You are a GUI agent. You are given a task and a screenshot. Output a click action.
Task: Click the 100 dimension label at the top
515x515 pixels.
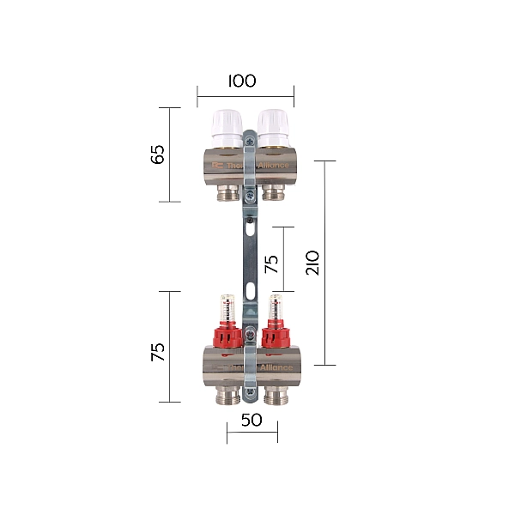click(242, 82)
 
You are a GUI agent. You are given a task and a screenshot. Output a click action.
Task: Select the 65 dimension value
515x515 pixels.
click(157, 155)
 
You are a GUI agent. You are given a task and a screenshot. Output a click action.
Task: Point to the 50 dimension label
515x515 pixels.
click(251, 421)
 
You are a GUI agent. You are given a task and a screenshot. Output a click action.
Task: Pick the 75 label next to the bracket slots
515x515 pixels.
click(271, 263)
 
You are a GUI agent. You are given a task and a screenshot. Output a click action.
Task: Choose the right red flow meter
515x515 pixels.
click(276, 330)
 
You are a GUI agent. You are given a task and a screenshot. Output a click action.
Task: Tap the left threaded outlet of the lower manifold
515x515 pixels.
click(227, 394)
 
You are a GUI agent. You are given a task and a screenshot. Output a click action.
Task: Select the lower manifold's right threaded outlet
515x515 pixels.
click(276, 394)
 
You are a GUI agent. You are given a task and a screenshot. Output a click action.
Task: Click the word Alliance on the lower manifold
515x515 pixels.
click(276, 367)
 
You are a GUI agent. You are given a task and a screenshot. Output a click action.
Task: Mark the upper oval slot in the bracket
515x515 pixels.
click(249, 228)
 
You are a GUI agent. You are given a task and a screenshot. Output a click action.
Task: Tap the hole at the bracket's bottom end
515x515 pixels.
click(250, 394)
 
